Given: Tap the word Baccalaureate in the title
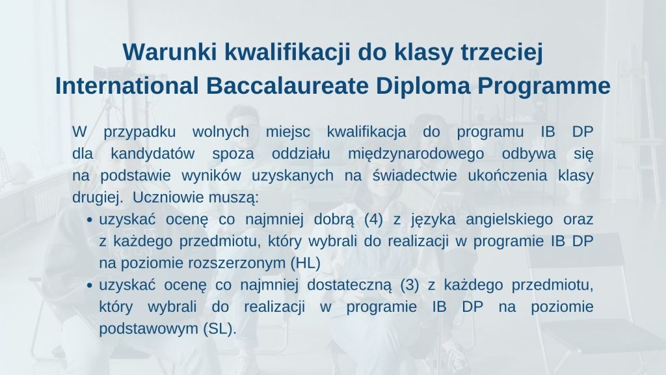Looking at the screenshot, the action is point(287,86).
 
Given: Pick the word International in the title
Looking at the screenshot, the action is point(127,86).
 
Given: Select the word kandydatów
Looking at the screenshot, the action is point(153,154).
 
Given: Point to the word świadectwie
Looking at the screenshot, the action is point(414,176).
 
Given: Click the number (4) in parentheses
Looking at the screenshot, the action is point(374,220).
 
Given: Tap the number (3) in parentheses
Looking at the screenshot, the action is point(410,285).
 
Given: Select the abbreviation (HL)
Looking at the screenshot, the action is point(306,263).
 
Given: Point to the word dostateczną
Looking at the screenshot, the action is point(349,286).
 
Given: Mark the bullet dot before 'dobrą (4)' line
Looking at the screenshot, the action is point(89,220).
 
